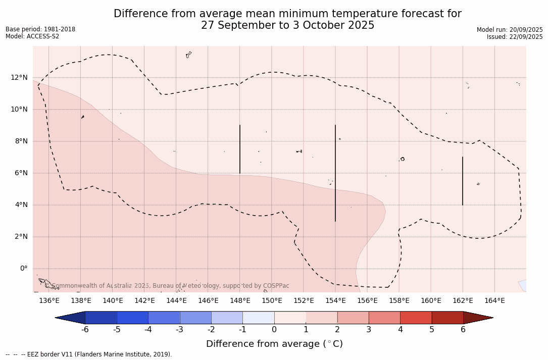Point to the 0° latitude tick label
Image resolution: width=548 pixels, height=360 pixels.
point(23,268)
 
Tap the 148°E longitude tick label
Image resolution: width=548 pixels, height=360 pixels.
point(240,301)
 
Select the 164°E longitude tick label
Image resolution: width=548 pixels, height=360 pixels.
point(494,301)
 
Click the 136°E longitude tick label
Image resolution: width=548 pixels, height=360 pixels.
point(49,301)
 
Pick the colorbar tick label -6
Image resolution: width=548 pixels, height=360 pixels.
point(85,330)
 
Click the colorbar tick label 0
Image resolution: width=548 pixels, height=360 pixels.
point(274,330)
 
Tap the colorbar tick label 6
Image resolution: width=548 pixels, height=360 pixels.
point(463,330)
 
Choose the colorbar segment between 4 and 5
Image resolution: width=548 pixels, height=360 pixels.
point(416,318)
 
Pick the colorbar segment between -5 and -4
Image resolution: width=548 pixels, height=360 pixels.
point(132,318)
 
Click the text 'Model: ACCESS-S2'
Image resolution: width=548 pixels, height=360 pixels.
point(32,36)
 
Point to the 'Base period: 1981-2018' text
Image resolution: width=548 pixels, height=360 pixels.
point(40,29)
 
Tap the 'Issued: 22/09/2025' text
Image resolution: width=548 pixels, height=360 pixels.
point(515,37)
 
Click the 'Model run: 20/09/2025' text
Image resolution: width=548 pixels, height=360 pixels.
point(510,30)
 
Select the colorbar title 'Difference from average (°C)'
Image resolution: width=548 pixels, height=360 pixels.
point(274,344)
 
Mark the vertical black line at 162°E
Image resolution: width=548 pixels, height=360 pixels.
point(462,181)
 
